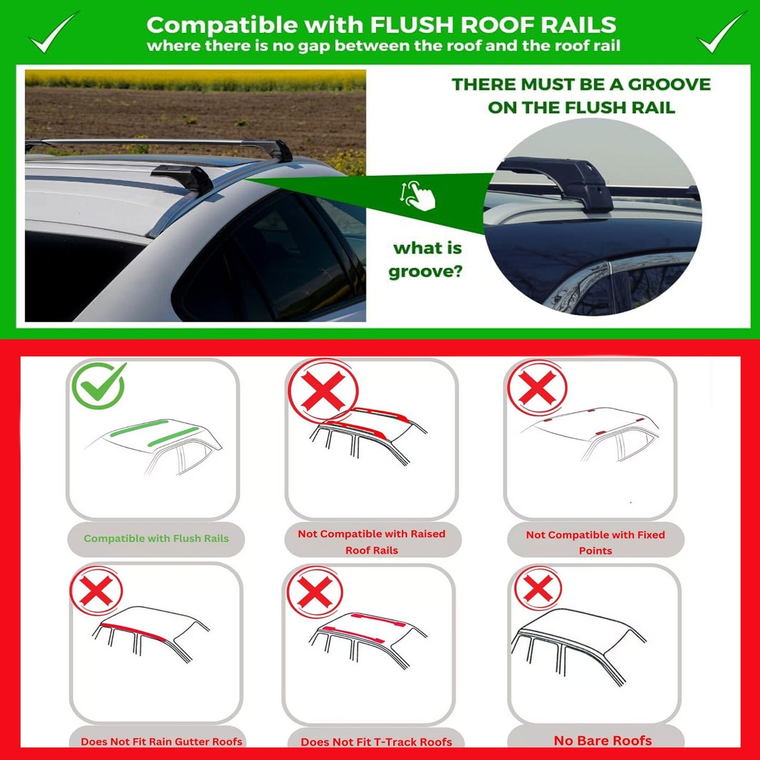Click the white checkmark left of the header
pyautogui.click(x=53, y=33)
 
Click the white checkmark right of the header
pyautogui.click(x=720, y=33)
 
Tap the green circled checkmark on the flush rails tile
pyautogui.click(x=99, y=386)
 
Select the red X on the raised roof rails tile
pyautogui.click(x=323, y=391)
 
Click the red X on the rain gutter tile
pyautogui.click(x=96, y=590)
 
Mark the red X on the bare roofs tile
pyautogui.click(x=538, y=587)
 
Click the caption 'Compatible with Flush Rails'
pyautogui.click(x=156, y=539)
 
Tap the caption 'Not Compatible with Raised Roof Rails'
pyautogui.click(x=371, y=542)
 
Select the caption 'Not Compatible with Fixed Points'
pyautogui.click(x=595, y=542)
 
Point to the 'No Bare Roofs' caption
pyautogui.click(x=603, y=741)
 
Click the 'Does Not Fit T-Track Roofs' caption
pyautogui.click(x=376, y=742)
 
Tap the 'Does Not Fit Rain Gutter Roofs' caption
pyautogui.click(x=161, y=742)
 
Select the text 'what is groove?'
pyautogui.click(x=427, y=260)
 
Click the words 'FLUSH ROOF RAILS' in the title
pyautogui.click(x=493, y=25)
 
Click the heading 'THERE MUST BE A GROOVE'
pyautogui.click(x=581, y=85)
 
